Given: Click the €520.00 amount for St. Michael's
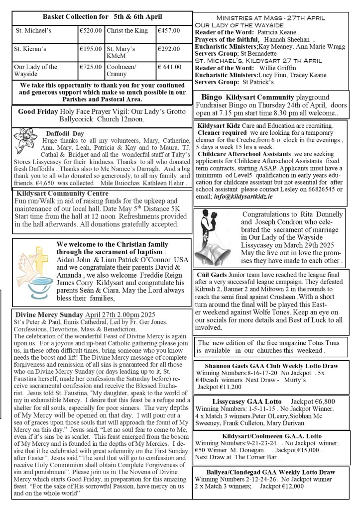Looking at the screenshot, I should (x=91, y=31).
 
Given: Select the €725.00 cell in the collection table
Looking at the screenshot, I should (x=91, y=67).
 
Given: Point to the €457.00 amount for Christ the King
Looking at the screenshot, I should (x=168, y=31).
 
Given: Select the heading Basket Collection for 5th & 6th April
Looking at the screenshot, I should (x=102, y=16).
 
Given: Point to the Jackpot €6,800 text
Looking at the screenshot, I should (x=313, y=401).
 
